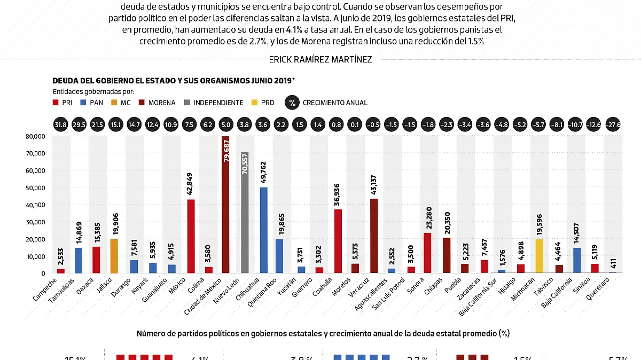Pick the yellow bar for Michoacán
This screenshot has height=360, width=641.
point(539,256)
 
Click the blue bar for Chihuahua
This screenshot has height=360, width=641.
point(264,230)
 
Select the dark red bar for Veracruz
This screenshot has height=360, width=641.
point(374,236)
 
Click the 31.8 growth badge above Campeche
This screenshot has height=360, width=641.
point(61,125)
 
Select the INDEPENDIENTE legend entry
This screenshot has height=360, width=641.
point(214,103)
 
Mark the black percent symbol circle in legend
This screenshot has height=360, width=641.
point(292,103)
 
